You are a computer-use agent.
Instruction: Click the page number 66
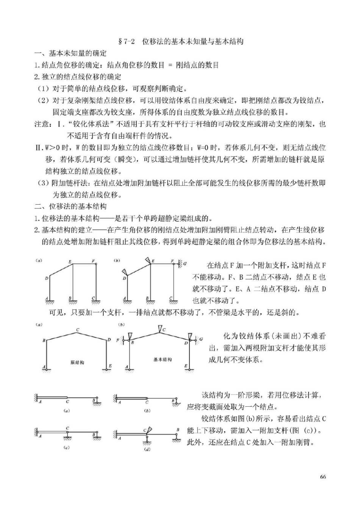(323, 476)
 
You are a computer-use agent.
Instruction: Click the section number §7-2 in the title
(127, 41)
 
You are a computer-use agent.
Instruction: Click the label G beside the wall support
(185, 263)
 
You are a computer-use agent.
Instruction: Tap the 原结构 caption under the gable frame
(77, 363)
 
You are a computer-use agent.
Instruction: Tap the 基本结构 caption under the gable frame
(162, 359)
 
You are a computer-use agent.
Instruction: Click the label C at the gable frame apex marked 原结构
(77, 330)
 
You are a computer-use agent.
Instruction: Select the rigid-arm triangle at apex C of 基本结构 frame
(159, 328)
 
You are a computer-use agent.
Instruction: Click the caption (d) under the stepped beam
(147, 450)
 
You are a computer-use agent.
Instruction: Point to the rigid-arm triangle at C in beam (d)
(149, 430)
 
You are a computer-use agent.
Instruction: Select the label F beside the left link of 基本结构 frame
(117, 340)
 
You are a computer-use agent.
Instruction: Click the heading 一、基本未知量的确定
(70, 53)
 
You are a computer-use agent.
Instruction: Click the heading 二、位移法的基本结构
(70, 207)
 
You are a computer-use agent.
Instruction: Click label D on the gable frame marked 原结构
(110, 340)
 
